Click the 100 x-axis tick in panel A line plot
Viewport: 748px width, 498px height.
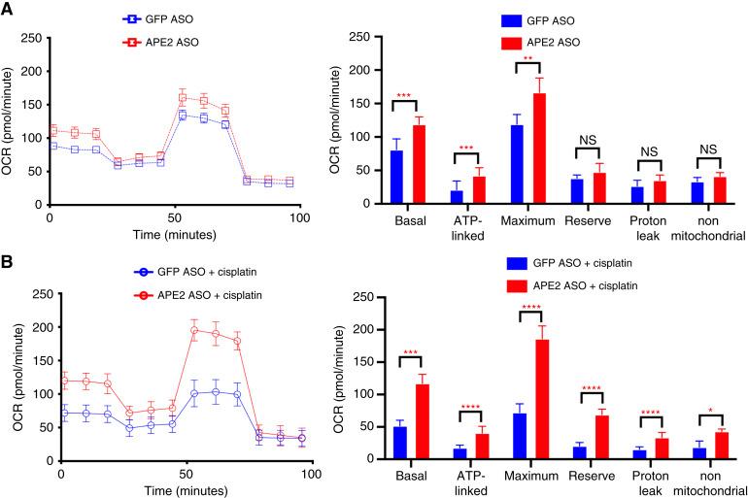coord(299,219)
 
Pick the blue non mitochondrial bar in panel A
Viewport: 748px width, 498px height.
coord(696,193)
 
